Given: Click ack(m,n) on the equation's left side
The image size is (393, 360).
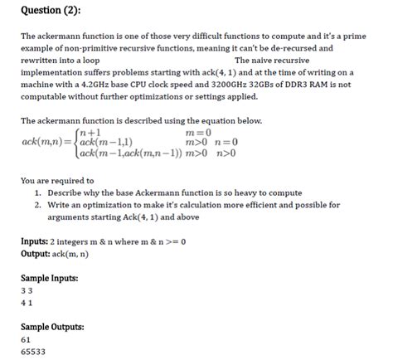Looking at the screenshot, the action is pyautogui.click(x=46, y=142).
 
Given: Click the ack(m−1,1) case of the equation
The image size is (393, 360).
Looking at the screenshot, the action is pyautogui.click(x=105, y=142).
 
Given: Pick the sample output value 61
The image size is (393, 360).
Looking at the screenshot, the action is pyautogui.click(x=26, y=339).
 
